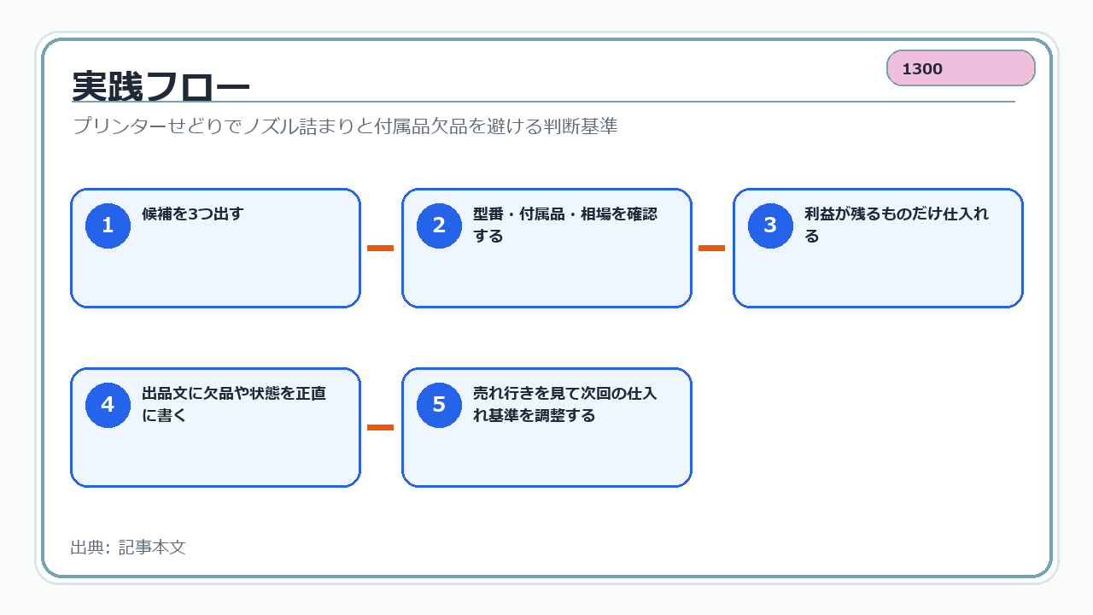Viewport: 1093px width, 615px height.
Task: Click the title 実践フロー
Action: [161, 86]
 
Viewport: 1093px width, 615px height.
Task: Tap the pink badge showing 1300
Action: [961, 67]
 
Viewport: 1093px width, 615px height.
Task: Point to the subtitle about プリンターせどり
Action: [345, 126]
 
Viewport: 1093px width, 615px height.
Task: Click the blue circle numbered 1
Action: [108, 225]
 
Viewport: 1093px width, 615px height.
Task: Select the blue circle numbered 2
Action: [439, 225]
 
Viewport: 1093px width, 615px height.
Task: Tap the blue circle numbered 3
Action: [770, 225]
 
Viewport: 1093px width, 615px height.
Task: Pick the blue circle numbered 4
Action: [108, 405]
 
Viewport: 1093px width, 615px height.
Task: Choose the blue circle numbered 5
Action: [439, 405]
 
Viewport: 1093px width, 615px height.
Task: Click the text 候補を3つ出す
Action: [193, 214]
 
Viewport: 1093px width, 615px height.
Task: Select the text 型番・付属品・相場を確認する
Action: [565, 225]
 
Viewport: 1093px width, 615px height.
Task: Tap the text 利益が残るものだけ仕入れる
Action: [897, 225]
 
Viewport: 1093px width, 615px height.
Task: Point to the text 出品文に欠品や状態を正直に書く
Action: [234, 404]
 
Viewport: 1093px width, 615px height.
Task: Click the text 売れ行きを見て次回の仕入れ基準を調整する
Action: [565, 404]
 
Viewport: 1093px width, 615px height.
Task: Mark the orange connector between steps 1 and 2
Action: [380, 248]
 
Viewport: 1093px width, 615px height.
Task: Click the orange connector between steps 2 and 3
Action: [711, 248]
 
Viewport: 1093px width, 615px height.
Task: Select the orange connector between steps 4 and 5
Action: [380, 428]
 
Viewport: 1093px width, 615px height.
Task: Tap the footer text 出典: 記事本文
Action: [128, 548]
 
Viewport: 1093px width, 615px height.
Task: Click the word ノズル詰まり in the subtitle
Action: [298, 126]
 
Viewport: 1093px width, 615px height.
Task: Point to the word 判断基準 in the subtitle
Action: [581, 126]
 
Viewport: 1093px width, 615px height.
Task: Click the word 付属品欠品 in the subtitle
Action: [421, 126]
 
